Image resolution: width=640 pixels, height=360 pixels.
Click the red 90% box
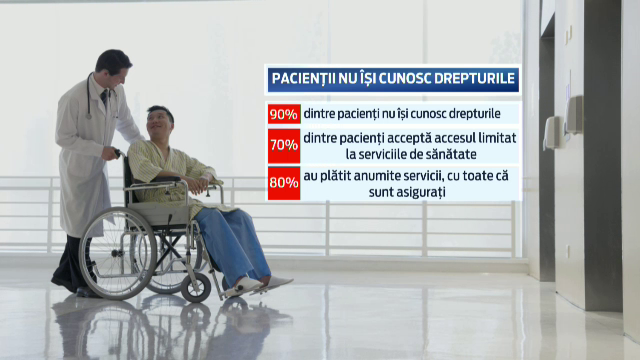[x=284, y=114]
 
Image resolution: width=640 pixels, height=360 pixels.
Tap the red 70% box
[x=284, y=144]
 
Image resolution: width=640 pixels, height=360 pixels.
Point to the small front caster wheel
[x=196, y=287]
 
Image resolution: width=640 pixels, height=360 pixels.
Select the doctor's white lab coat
[x=84, y=160]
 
